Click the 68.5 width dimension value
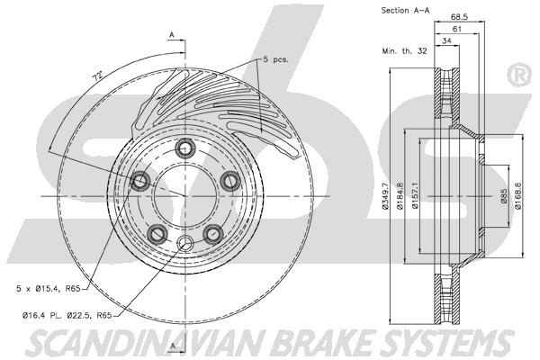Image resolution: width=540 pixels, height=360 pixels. [459, 16]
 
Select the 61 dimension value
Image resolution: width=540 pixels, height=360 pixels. [456, 29]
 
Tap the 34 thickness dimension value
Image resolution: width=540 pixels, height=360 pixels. [446, 40]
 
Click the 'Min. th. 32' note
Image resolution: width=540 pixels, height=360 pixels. [404, 51]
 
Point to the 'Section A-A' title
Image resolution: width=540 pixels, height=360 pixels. [405, 10]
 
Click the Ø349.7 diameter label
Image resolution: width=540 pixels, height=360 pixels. [385, 195]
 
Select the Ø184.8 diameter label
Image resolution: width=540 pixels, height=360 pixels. [400, 195]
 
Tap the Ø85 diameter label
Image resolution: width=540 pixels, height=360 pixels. [504, 195]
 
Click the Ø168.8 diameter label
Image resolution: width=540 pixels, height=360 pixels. [518, 195]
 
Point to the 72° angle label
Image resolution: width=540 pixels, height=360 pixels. [98, 76]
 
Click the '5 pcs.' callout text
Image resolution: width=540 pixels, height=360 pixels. [276, 59]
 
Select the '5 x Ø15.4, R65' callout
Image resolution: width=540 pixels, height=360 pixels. [49, 289]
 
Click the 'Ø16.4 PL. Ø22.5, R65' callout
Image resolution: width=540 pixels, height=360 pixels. [67, 315]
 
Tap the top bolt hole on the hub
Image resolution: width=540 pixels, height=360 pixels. [185, 148]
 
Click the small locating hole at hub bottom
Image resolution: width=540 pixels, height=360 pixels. [185, 243]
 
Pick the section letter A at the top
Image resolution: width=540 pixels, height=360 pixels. [172, 35]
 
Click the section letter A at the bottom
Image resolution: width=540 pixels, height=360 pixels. [173, 346]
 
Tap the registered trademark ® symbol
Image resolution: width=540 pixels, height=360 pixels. [520, 75]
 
